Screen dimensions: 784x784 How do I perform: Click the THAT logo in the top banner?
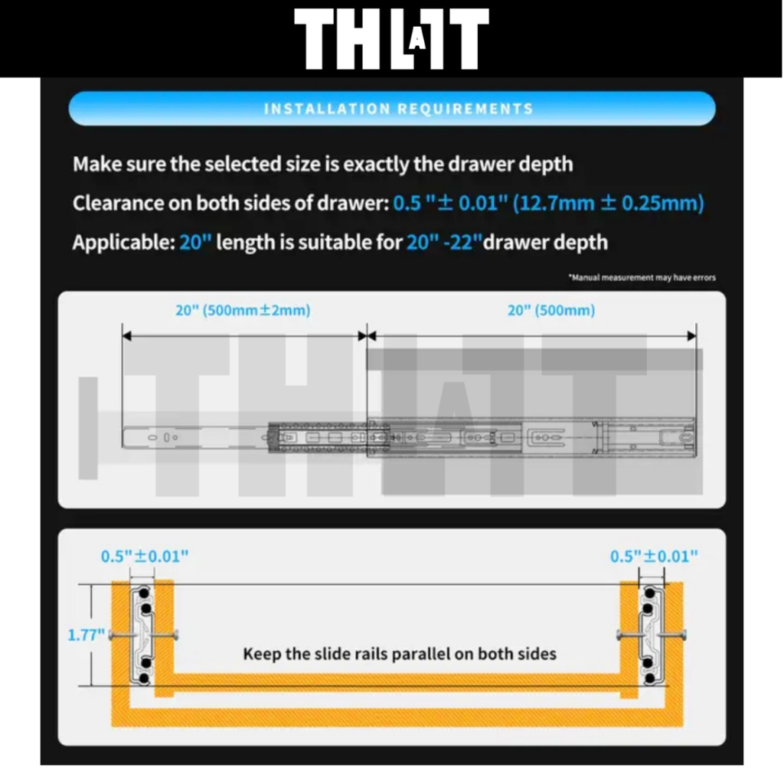391,38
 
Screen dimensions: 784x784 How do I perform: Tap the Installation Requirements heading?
398,109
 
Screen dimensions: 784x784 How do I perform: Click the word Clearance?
118,203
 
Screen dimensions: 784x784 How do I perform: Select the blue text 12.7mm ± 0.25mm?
609,203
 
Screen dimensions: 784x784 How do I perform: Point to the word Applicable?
123,243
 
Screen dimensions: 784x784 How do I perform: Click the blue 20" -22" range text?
444,242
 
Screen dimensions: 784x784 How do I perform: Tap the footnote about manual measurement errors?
642,277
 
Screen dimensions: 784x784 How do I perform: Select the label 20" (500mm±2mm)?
243,310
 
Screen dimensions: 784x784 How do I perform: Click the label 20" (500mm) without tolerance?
551,310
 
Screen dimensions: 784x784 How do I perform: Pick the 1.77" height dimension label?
86,635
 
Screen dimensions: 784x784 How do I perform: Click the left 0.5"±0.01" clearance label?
145,556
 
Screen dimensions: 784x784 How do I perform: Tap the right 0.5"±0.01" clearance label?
654,556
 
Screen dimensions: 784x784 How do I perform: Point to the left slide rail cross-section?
142,635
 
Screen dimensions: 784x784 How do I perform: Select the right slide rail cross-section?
652,635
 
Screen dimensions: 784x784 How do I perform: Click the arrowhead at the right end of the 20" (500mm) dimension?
692,336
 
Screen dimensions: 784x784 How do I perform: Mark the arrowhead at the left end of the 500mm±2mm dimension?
126,336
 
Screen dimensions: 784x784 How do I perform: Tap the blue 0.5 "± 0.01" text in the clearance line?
450,203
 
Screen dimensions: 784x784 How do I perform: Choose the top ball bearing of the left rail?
144,593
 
